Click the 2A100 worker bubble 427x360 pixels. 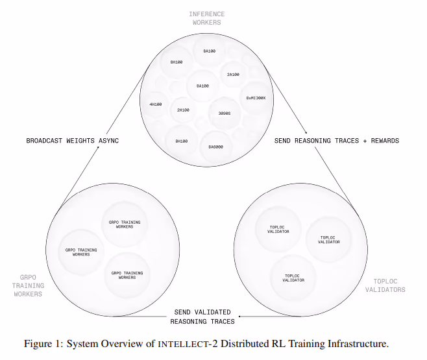233,75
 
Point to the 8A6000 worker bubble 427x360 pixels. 216,147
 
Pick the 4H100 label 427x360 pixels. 156,104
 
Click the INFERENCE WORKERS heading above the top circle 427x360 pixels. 207,18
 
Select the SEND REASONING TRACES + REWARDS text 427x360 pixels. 336,140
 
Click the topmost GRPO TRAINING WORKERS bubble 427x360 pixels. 121,224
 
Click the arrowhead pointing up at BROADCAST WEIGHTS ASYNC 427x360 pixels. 97,149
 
